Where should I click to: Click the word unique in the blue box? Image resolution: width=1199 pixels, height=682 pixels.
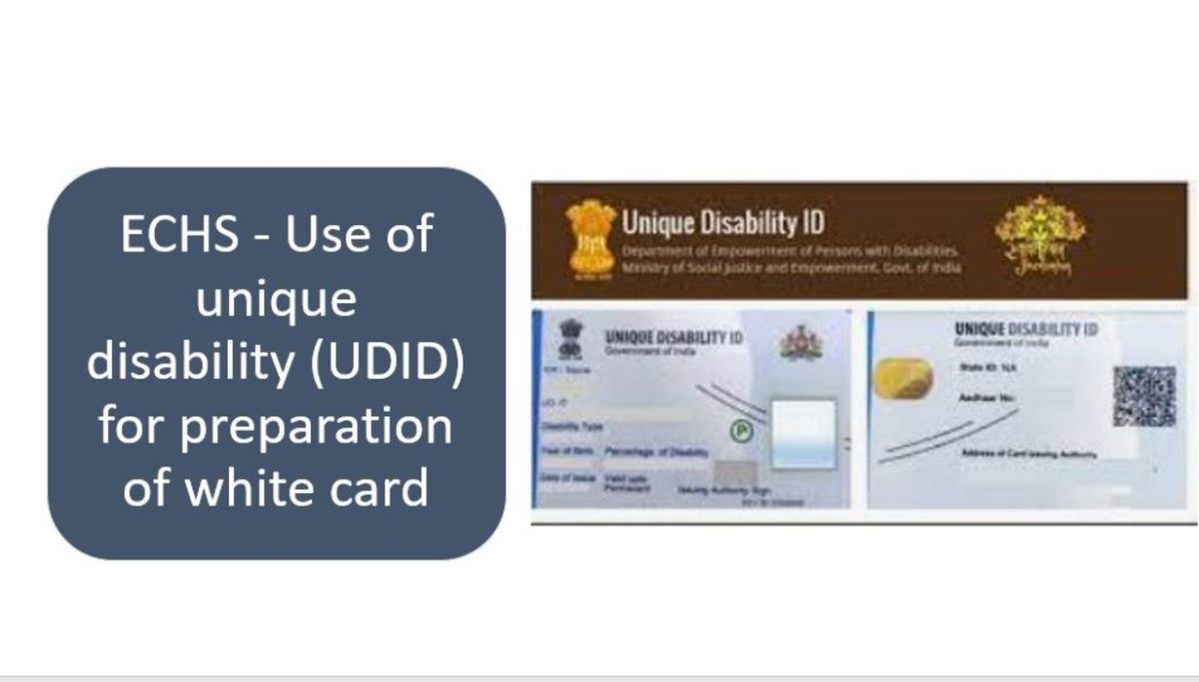click(275, 300)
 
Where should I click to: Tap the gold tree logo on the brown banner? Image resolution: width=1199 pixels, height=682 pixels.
click(1039, 236)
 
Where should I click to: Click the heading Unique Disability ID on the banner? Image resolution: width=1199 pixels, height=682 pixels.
click(724, 221)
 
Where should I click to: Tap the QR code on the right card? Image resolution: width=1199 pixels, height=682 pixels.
click(1144, 396)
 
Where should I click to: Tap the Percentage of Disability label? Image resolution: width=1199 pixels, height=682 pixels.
click(655, 453)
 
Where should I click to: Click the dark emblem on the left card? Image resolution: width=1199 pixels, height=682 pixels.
click(569, 338)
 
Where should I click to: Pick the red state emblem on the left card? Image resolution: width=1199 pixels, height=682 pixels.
click(801, 343)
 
